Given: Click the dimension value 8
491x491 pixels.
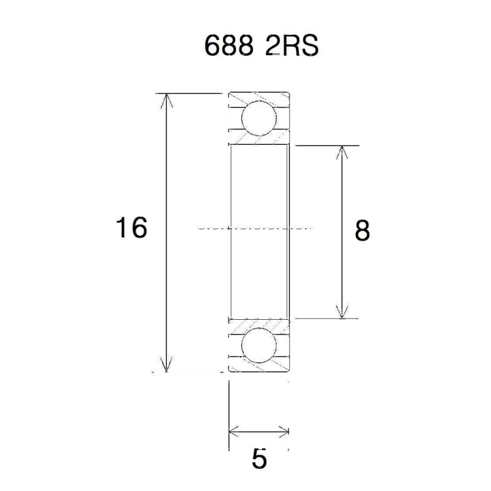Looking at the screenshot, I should (x=362, y=231).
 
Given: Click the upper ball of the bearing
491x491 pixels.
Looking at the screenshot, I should (x=258, y=119).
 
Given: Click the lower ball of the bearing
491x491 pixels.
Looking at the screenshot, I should (x=258, y=346).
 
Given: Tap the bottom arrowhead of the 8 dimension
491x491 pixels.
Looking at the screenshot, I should (x=341, y=312).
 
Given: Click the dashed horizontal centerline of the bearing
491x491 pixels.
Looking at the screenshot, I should (x=258, y=228).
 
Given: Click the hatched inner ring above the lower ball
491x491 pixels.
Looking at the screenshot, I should (x=258, y=324).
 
